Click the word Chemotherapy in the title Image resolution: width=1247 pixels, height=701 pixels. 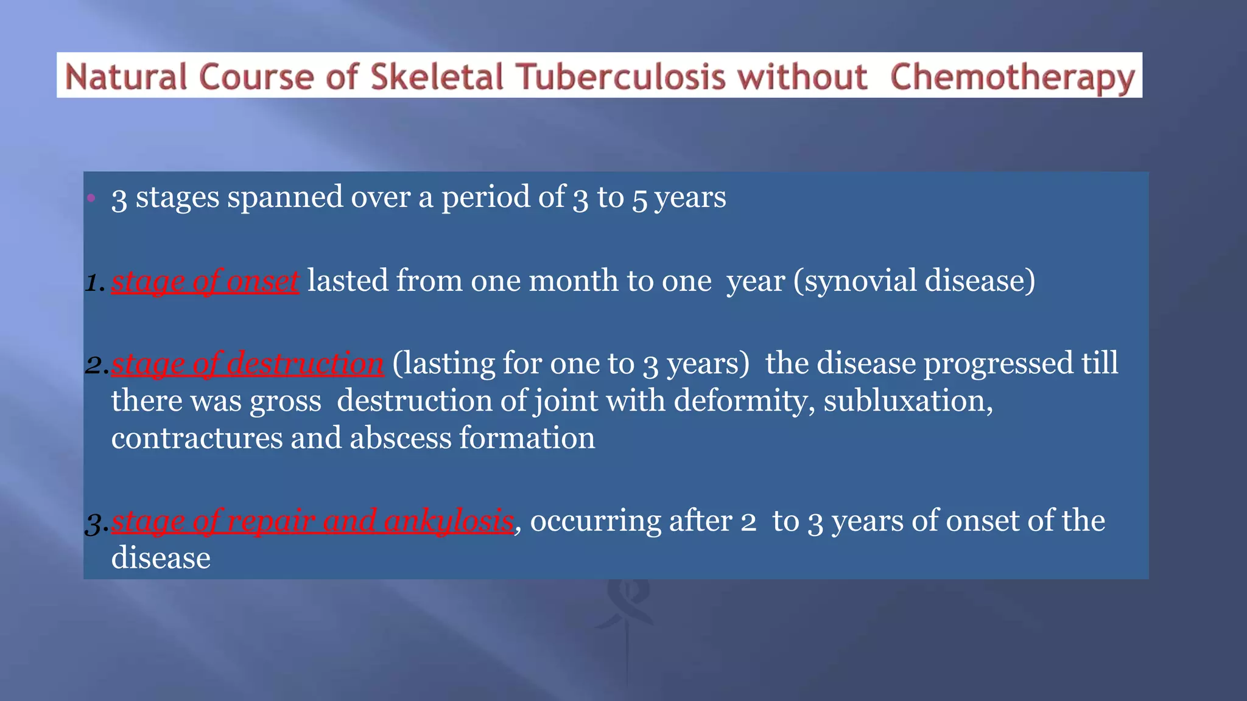1013,77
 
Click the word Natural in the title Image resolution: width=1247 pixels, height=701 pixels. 125,77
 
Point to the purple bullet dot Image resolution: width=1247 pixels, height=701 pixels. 91,197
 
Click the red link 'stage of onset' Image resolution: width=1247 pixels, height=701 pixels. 205,281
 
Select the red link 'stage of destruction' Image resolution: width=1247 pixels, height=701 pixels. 247,363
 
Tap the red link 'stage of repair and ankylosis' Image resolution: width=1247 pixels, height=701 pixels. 312,521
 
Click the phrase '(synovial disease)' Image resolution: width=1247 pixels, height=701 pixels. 914,281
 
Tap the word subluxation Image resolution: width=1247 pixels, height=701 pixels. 907,401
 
